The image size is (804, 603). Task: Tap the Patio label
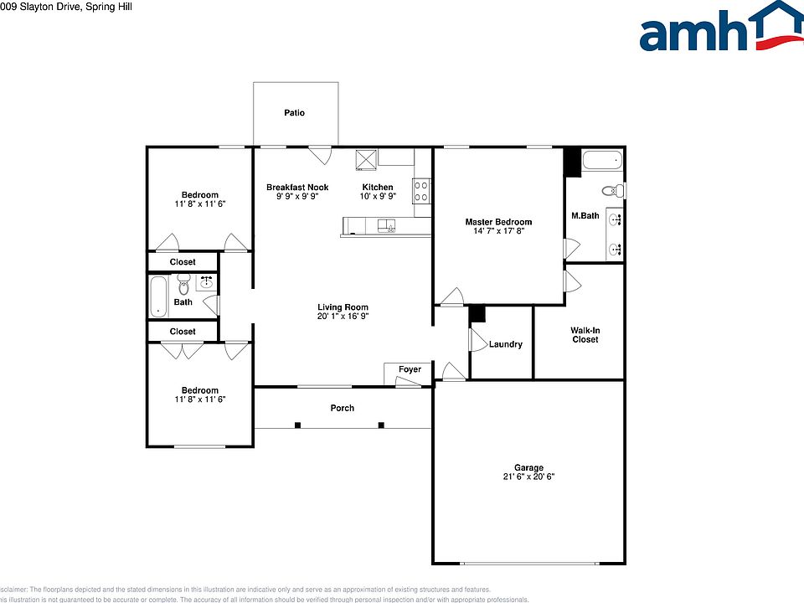point(294,113)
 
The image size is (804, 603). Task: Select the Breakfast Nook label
point(297,188)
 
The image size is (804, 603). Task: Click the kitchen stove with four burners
point(421,191)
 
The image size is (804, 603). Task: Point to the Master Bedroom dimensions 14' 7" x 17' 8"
point(498,232)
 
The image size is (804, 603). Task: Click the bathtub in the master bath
point(602,161)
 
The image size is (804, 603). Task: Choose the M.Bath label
point(585,216)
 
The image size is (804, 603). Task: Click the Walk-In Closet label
point(585,335)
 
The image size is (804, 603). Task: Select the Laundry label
point(506,344)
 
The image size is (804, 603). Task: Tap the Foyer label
point(410,369)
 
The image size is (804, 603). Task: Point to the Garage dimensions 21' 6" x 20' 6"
point(528,477)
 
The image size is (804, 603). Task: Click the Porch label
point(342,408)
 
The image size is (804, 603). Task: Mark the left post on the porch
point(297,425)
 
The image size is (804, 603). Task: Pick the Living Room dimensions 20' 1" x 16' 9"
point(343,317)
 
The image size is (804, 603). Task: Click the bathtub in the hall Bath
point(159,297)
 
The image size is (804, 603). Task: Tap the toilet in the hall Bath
point(183,286)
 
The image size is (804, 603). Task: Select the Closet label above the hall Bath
point(183,262)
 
